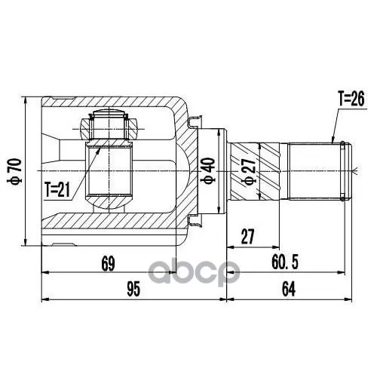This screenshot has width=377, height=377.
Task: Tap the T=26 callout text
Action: [x=351, y=97]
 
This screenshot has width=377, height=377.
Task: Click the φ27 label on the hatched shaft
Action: [x=247, y=172]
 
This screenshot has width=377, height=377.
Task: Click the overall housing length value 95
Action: [x=133, y=289]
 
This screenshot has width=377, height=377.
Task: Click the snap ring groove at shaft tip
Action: [x=345, y=171]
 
